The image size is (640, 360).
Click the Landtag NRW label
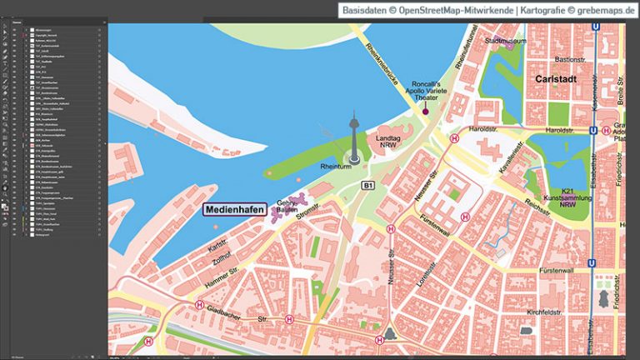391,142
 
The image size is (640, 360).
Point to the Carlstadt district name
549,82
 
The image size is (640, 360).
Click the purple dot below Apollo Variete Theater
425,111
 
